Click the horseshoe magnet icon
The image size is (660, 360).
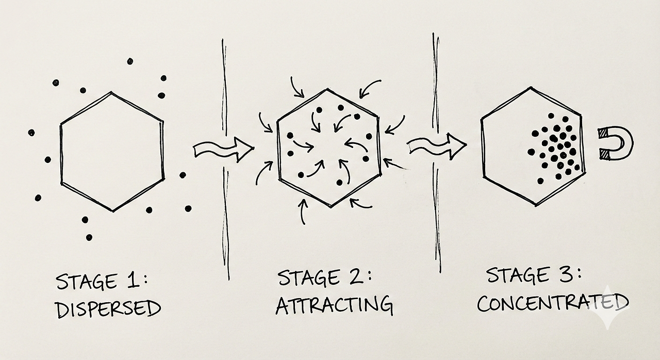point(615,142)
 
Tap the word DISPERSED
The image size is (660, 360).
point(108,309)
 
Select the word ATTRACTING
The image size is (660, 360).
point(334,305)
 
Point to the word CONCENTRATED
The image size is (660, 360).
point(552,303)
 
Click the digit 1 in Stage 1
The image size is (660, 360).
point(131,282)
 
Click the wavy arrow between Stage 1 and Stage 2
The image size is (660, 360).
point(223,149)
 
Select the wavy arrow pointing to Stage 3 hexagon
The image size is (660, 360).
point(437,145)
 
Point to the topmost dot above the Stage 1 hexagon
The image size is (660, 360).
point(129,61)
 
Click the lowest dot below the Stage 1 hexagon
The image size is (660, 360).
point(89,237)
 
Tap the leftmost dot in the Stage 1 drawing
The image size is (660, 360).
point(31,133)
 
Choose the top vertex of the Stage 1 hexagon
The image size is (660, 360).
point(111,93)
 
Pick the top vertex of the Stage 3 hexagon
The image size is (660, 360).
point(531,88)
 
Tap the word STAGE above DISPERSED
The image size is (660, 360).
point(86,283)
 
